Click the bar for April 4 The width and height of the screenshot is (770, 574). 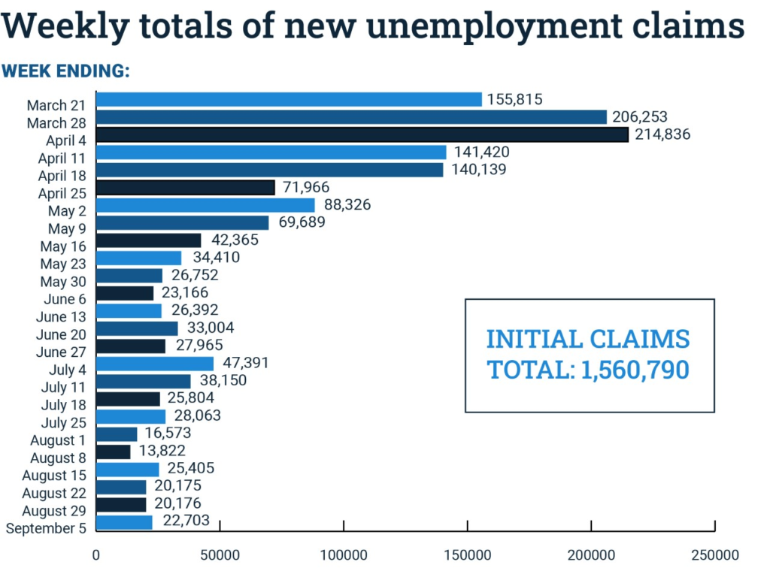[362, 134]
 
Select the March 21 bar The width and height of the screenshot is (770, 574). [289, 99]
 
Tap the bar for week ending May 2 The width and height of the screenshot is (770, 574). [205, 205]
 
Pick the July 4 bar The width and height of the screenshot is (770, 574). [154, 364]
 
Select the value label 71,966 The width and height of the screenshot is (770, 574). [306, 187]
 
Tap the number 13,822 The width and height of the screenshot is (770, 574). [162, 452]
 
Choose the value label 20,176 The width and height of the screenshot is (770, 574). [177, 504]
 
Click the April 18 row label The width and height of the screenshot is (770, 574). [62, 176]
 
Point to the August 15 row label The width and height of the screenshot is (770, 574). [54, 476]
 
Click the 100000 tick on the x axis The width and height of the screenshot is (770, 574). [344, 555]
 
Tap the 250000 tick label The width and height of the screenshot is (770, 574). [714, 555]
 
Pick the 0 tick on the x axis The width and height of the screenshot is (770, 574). [96, 555]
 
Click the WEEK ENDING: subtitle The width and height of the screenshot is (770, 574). [66, 71]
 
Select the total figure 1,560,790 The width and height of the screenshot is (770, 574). [635, 370]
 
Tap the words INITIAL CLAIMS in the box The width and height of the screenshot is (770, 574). [588, 339]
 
